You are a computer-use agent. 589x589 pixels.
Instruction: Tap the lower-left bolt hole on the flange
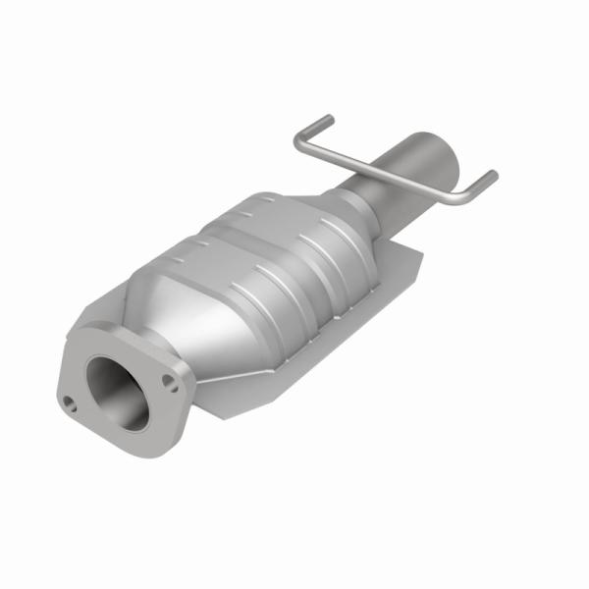(72, 401)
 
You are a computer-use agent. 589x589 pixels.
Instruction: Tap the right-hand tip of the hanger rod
(493, 177)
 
